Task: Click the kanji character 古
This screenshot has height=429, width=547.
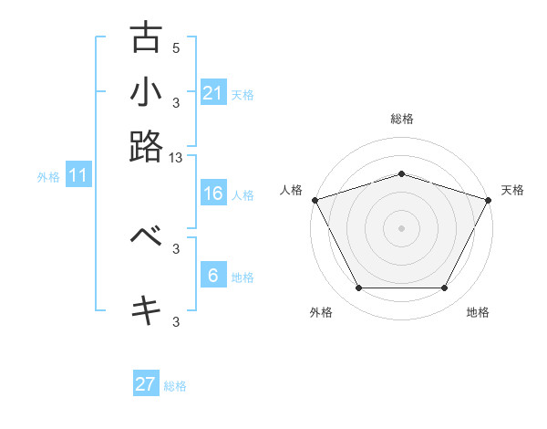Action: tap(146, 37)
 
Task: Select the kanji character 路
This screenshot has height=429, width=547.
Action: tap(146, 146)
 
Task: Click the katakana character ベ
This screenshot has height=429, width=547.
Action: tap(146, 236)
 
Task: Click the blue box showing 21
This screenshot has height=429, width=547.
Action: tap(212, 92)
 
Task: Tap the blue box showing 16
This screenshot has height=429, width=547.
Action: tap(212, 194)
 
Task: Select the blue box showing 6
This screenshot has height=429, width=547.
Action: tap(212, 275)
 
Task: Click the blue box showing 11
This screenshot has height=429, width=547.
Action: tap(77, 176)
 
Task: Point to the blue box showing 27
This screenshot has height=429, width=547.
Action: tap(146, 384)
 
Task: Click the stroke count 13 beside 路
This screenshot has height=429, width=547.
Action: tap(176, 158)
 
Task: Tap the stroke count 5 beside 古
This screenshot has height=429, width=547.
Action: tap(176, 48)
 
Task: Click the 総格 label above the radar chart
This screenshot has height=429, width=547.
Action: tap(401, 119)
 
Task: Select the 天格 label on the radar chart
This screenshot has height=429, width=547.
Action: tap(512, 190)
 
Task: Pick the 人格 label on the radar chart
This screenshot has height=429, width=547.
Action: tap(292, 190)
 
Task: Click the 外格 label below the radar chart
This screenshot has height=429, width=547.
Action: tap(321, 313)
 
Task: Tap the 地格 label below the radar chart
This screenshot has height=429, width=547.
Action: tap(478, 313)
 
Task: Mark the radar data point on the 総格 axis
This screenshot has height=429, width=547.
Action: tap(401, 173)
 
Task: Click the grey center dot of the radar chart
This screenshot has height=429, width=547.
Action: tap(401, 227)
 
